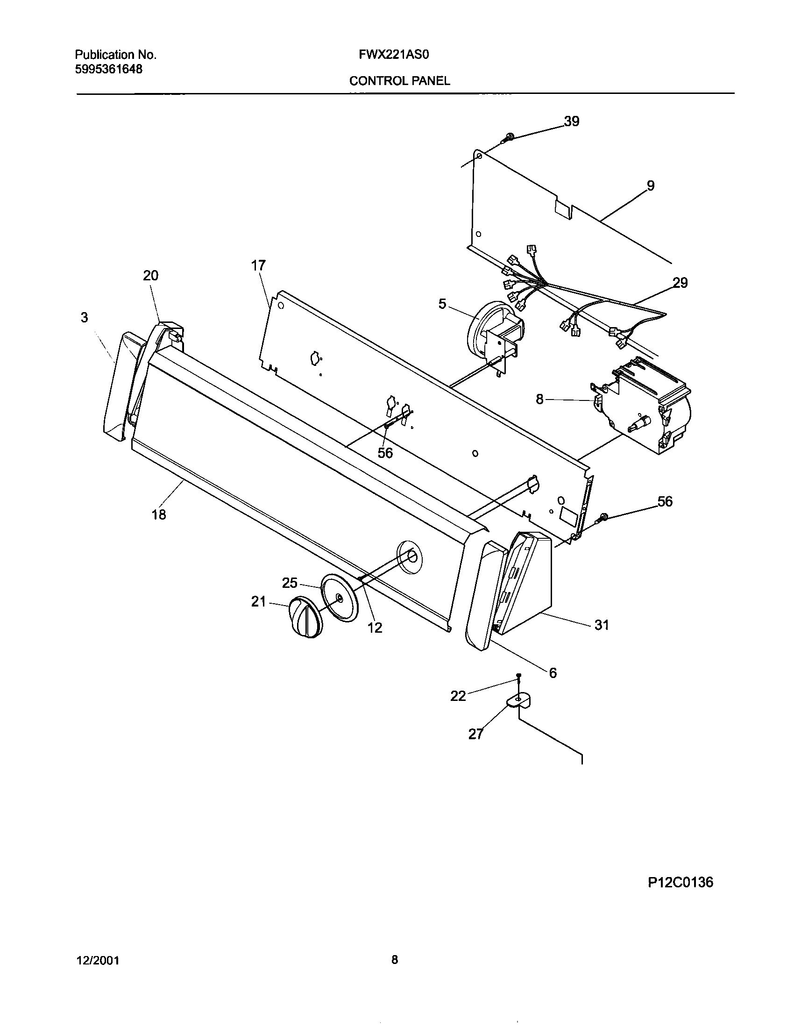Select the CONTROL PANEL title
click(x=399, y=81)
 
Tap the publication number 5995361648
click(x=109, y=69)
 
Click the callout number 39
click(x=572, y=121)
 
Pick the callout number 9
click(x=650, y=186)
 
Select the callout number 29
click(x=680, y=283)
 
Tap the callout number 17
click(x=258, y=265)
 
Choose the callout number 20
click(x=150, y=275)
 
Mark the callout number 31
click(x=602, y=625)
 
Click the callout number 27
click(x=475, y=734)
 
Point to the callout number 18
click(x=159, y=514)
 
